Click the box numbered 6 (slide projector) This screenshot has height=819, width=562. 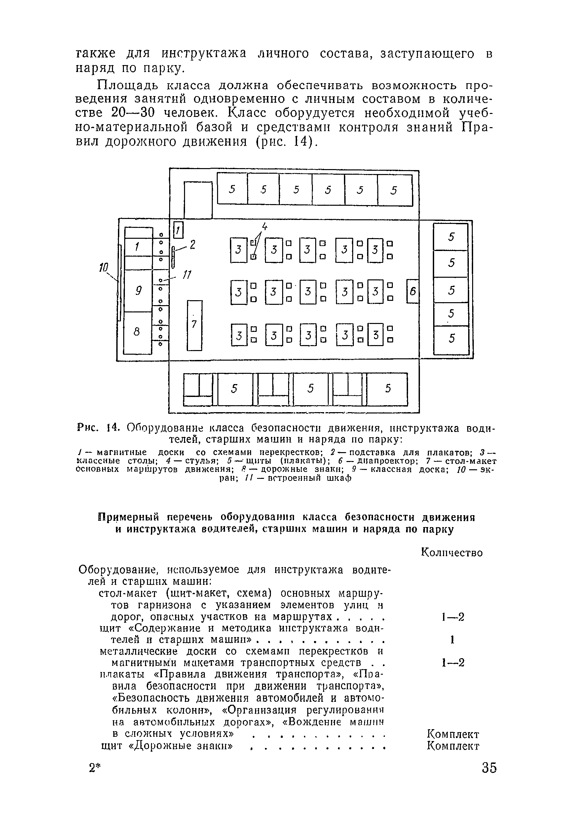pyautogui.click(x=413, y=291)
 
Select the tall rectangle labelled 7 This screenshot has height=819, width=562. pyautogui.click(x=194, y=325)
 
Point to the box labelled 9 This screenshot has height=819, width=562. pyautogui.click(x=138, y=291)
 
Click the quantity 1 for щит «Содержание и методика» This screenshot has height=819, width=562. pyautogui.click(x=452, y=640)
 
